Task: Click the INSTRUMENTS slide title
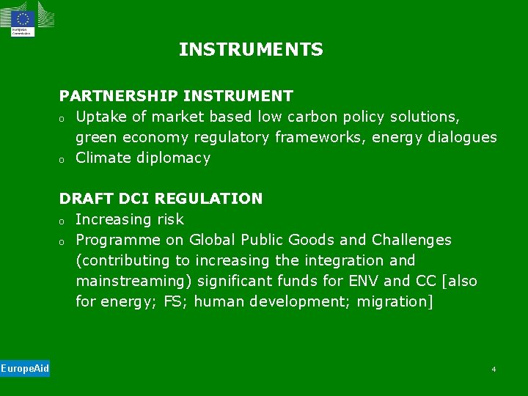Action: [251, 50]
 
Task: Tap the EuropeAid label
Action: [25, 368]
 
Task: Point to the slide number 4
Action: [494, 369]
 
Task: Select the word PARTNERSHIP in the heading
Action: [118, 96]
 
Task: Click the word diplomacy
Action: [175, 158]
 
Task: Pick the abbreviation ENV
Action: [363, 281]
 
